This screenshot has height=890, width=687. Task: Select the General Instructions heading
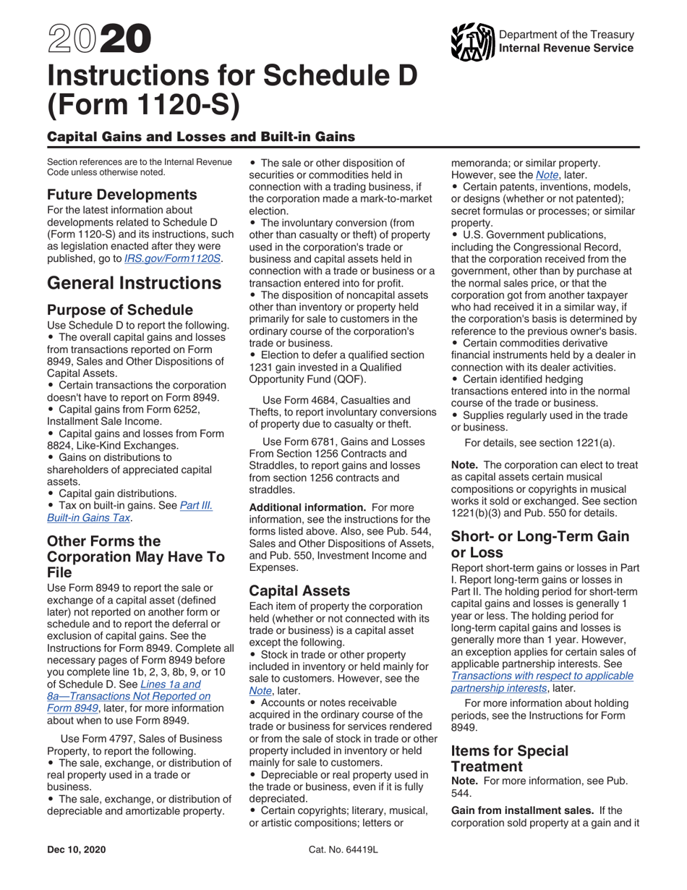[134, 284]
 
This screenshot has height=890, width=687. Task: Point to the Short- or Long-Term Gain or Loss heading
[539, 545]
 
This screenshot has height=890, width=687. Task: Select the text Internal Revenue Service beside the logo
[567, 48]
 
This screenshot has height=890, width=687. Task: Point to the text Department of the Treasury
[567, 35]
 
